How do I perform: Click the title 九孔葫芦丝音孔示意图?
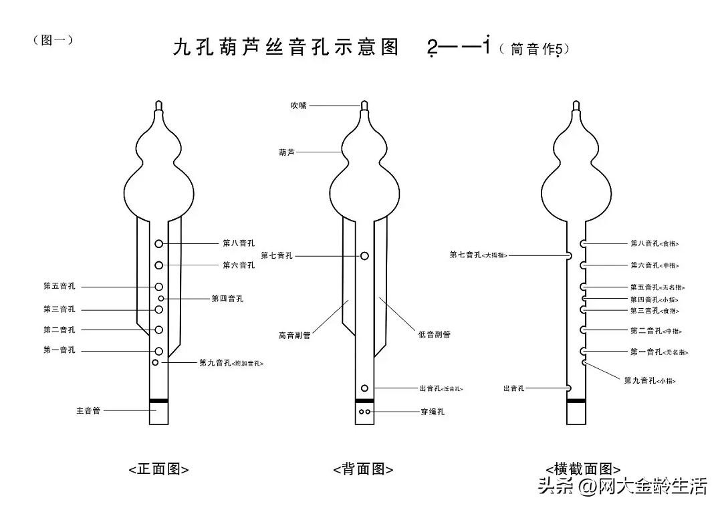(285, 47)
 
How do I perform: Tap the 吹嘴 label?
(298, 106)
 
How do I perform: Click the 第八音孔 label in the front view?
(239, 243)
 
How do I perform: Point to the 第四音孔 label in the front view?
(227, 298)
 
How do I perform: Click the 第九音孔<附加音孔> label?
(231, 363)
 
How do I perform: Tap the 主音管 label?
(88, 410)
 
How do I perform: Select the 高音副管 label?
(294, 335)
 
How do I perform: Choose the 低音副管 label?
(435, 334)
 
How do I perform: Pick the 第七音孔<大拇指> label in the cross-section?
(479, 255)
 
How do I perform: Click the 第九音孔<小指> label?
(650, 380)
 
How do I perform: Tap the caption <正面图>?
(158, 469)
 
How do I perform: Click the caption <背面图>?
(363, 469)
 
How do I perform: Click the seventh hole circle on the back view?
(364, 255)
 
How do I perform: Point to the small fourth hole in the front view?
(161, 298)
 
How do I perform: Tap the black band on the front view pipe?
(158, 401)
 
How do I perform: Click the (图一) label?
(53, 40)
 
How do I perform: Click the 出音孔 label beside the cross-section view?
(514, 388)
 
